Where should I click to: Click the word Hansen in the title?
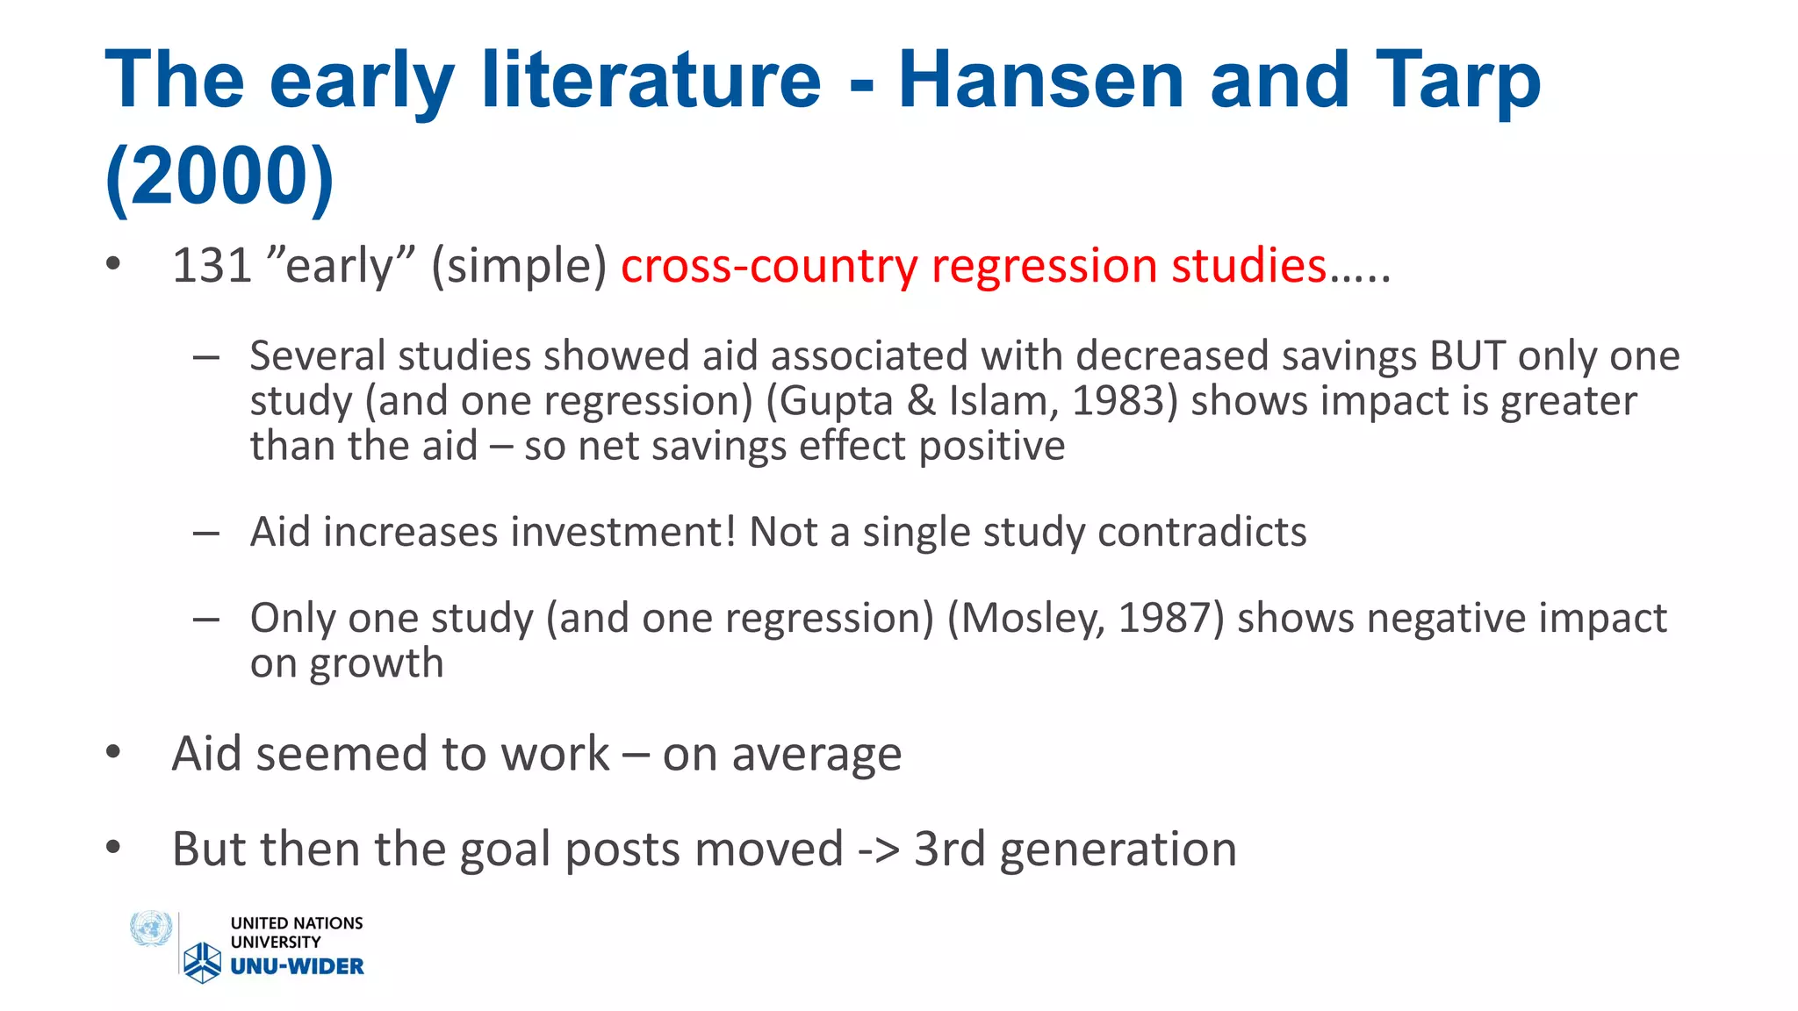coord(1041,80)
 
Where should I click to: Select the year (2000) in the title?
coord(219,175)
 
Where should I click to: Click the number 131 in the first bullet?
coord(212,265)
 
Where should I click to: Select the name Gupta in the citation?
coord(836,401)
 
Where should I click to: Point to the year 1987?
coord(1164,619)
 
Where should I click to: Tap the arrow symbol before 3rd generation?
coord(878,850)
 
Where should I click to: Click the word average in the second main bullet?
coord(816,755)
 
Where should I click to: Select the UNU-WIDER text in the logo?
coord(297,966)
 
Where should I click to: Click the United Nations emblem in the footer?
coord(151,929)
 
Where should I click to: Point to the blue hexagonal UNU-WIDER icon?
coord(203,962)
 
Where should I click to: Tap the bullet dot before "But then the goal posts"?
coord(112,848)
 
